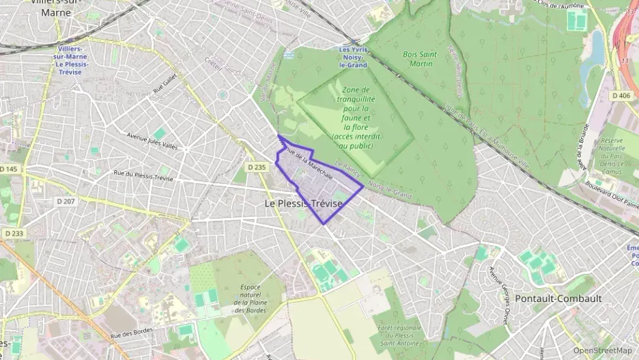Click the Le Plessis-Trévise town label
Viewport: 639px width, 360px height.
tap(303, 203)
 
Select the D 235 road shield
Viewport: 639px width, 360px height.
tap(256, 167)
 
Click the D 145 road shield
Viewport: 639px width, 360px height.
tap(10, 169)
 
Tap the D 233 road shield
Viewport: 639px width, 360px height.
tap(13, 233)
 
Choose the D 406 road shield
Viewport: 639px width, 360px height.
tap(621, 95)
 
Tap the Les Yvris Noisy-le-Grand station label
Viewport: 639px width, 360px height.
tap(353, 57)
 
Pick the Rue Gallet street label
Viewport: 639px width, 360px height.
tap(165, 85)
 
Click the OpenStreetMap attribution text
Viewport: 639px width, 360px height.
tap(602, 350)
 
